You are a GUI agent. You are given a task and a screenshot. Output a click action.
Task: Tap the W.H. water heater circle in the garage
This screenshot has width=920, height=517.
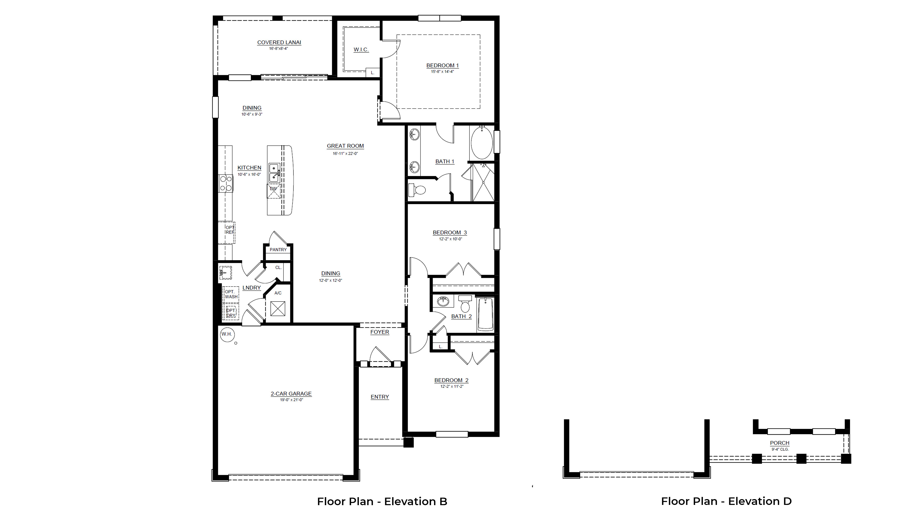pyautogui.click(x=227, y=334)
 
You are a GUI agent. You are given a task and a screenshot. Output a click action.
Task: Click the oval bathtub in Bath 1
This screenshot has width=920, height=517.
pyautogui.click(x=482, y=142)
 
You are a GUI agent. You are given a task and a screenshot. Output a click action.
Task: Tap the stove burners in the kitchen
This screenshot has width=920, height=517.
pyautogui.click(x=226, y=183)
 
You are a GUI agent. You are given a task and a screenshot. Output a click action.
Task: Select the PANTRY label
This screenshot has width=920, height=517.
pyautogui.click(x=278, y=250)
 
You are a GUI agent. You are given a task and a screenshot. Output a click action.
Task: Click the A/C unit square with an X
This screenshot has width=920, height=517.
pyautogui.click(x=278, y=309)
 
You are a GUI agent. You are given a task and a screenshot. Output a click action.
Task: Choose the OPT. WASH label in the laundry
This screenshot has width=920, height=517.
pyautogui.click(x=231, y=294)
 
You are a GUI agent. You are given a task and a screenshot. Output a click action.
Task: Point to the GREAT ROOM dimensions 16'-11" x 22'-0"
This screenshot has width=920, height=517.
pyautogui.click(x=345, y=153)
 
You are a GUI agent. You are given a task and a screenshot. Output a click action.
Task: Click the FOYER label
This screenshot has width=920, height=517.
pyautogui.click(x=380, y=332)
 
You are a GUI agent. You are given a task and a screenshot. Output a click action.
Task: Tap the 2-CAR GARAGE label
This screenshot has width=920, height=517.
pyautogui.click(x=291, y=394)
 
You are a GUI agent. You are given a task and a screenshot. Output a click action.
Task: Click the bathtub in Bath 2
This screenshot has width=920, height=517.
pyautogui.click(x=485, y=314)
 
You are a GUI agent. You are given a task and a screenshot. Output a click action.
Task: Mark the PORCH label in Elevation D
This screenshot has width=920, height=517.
pyautogui.click(x=780, y=443)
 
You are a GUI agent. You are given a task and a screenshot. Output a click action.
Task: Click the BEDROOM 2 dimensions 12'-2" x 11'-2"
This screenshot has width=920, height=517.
pyautogui.click(x=452, y=386)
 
